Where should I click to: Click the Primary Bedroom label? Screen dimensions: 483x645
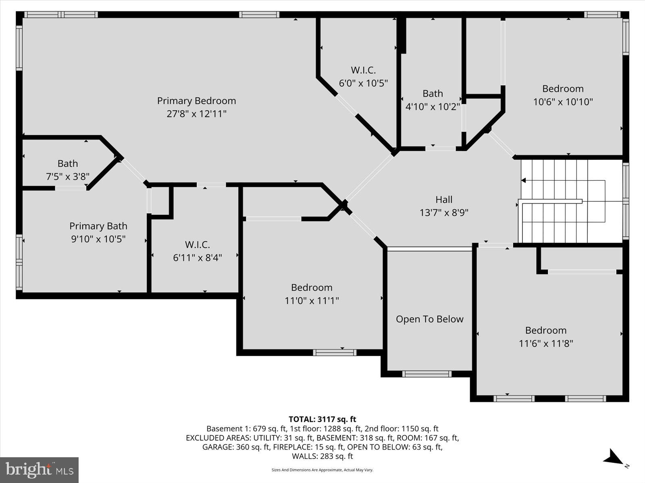tap(196, 101)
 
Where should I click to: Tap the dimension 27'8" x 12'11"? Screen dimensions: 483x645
tap(196, 114)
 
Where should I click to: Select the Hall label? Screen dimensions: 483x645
tap(444, 199)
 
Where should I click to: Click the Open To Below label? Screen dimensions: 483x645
tap(429, 319)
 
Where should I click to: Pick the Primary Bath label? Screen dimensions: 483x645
tap(98, 226)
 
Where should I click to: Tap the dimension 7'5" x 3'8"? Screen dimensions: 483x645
tap(68, 177)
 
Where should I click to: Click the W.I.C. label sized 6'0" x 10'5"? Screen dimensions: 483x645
tap(363, 70)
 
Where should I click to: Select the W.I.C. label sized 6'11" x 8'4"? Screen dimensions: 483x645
tap(197, 244)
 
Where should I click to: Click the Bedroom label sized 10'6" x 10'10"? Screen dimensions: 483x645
tap(563, 89)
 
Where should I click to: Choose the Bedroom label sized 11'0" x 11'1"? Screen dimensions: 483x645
tap(312, 287)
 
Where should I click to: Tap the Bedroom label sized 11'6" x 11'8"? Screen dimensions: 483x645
tap(546, 330)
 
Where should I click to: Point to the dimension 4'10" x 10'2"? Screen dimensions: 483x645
tap(433, 107)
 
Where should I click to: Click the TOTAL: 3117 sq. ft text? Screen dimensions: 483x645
tap(322, 419)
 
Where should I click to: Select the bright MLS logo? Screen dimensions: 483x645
tap(39, 470)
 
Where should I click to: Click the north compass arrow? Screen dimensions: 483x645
tap(614, 458)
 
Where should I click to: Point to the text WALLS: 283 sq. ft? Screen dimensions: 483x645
tap(322, 456)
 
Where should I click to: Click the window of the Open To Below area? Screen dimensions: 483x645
tap(427, 374)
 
